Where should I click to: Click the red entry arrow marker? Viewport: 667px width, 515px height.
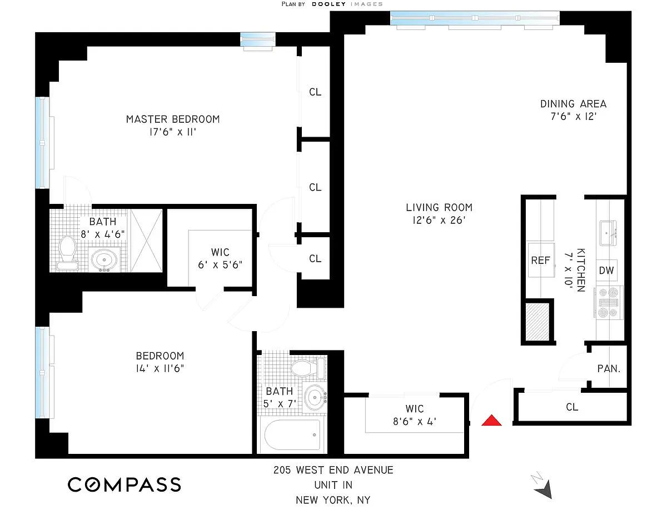[491, 421]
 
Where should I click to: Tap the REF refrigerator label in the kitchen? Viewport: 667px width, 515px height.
[540, 259]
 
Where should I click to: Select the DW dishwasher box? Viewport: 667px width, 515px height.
[606, 271]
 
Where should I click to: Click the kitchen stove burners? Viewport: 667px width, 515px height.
[607, 303]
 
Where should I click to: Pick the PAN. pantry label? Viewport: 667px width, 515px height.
[609, 368]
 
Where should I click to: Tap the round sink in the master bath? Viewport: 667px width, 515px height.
[104, 259]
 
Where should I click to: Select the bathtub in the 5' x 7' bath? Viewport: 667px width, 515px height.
[292, 434]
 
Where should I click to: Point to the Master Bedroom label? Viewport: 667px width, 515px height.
[172, 119]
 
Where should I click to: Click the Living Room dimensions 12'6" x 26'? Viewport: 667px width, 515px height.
[439, 220]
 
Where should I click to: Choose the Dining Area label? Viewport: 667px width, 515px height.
[573, 104]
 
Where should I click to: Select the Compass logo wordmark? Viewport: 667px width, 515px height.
[125, 484]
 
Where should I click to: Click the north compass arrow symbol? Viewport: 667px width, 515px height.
[542, 487]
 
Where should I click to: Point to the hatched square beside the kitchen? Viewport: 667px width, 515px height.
[539, 321]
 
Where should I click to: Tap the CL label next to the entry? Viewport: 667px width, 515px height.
[572, 407]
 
